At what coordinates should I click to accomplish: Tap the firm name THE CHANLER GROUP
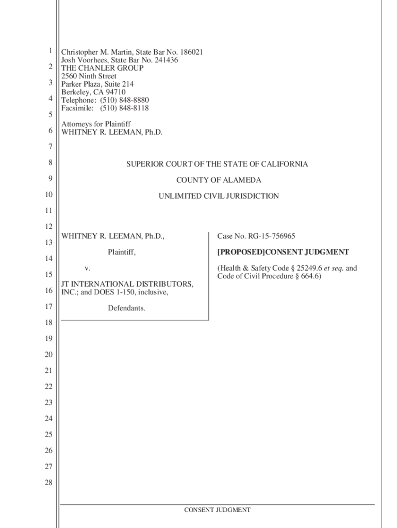click(x=103, y=68)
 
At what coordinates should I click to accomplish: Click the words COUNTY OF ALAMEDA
click(x=219, y=180)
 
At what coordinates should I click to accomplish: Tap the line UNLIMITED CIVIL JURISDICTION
click(x=219, y=196)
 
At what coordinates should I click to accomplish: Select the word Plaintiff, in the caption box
click(x=122, y=252)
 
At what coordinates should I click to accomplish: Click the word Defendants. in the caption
click(x=126, y=308)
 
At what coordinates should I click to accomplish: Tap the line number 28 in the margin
click(x=48, y=483)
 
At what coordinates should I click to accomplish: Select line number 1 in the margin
click(x=50, y=51)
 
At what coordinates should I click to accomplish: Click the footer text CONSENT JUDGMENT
click(x=218, y=510)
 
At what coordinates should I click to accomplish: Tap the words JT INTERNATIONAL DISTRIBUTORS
click(x=128, y=284)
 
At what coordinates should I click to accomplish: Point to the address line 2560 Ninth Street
click(x=89, y=76)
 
